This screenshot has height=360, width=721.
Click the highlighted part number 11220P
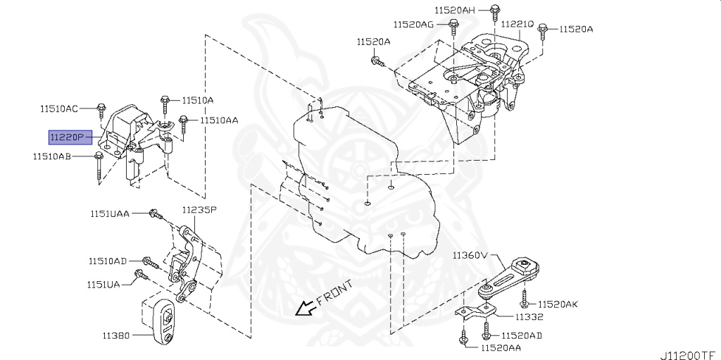tap(70, 137)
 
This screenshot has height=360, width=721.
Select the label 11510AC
tap(58, 108)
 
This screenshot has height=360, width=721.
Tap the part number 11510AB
tap(51, 156)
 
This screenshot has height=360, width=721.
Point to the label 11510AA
tap(218, 120)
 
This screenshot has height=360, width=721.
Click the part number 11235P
tap(199, 210)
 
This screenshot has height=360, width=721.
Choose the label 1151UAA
tap(109, 213)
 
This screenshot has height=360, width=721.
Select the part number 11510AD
tap(107, 261)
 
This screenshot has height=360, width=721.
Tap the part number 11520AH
tap(454, 10)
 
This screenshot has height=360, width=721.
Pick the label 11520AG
tap(413, 25)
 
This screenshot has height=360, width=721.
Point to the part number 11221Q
tap(518, 24)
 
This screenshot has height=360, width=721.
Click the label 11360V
tap(470, 254)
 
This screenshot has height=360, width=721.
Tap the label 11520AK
tap(558, 304)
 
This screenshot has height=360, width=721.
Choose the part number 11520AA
tap(501, 347)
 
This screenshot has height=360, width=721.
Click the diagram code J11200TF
tap(688, 354)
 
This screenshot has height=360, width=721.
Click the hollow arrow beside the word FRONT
tap(304, 308)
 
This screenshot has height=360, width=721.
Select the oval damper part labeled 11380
tap(164, 322)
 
